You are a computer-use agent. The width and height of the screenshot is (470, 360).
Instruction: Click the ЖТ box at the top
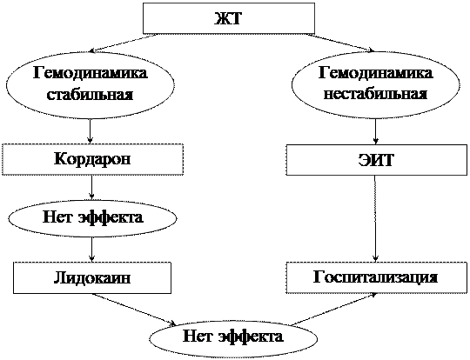pos(229,18)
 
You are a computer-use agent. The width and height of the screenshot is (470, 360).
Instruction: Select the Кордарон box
pos(92,159)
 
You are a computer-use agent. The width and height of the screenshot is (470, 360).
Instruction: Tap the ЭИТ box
pos(376,160)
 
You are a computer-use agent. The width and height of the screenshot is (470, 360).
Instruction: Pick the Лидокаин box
pos(92,278)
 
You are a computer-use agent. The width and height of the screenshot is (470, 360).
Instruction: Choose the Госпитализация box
pos(376,277)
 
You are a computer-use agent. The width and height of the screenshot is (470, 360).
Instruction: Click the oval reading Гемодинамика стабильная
pos(91,84)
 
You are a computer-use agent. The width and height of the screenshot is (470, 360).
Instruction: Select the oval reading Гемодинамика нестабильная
pos(376,84)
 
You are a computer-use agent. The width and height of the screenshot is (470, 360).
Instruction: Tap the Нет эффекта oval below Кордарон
pos(92,218)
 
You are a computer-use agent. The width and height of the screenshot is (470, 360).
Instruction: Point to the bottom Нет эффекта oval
pos(233,338)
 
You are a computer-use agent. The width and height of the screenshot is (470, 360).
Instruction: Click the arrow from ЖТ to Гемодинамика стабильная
pos(124,43)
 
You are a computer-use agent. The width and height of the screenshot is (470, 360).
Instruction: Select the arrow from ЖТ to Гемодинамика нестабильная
pos(339,43)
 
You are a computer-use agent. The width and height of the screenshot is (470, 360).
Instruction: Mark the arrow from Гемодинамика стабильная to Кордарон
pos(91,131)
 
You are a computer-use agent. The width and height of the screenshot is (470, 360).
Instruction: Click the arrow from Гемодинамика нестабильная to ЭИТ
pos(376,131)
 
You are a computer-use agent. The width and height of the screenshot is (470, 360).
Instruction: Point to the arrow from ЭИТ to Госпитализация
pos(376,219)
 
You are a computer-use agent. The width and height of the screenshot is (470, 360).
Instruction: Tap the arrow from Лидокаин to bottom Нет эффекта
pos(134,310)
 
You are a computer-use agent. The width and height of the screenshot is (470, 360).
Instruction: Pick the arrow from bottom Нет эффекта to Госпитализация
pos(334,310)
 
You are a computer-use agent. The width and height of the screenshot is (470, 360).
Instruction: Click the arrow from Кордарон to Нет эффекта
pos(92,187)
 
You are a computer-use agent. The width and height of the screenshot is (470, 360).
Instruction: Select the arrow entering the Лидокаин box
pos(92,250)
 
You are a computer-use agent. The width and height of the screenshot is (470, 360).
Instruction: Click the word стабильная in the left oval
pos(91,95)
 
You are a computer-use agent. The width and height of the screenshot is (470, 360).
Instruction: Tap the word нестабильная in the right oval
pos(376,95)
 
